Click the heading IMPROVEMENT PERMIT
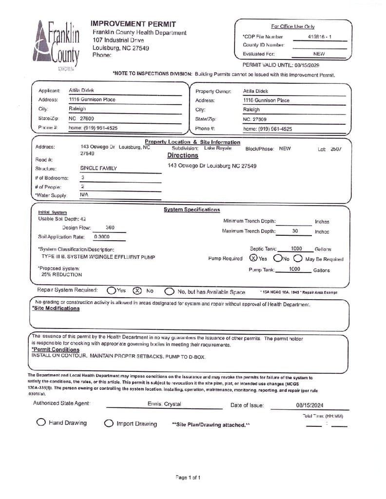coord(133,24)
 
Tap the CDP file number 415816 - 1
coord(320,37)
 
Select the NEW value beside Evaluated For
coord(319,54)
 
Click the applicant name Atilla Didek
coord(81,91)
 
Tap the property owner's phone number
coord(268,129)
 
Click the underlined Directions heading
coord(183,155)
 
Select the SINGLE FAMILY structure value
coord(98,168)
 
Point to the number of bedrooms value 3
coord(83,177)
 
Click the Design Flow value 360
coord(110,228)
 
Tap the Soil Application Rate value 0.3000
coord(101,237)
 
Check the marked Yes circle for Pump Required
coord(253,258)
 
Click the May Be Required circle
coord(298,258)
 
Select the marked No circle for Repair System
coord(137,291)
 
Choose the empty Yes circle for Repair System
coord(111,291)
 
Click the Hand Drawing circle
coord(41,422)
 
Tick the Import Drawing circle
coord(109,423)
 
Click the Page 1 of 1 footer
coord(188,477)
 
